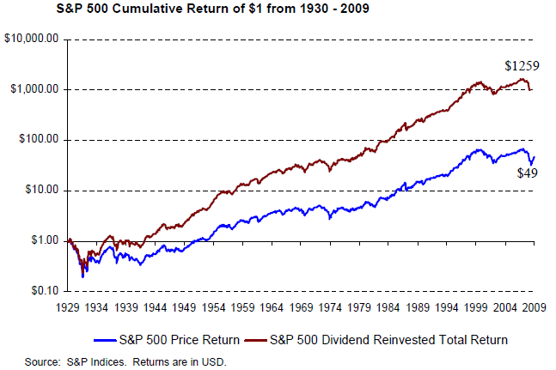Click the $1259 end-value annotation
click(522, 64)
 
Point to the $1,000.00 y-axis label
click(33, 89)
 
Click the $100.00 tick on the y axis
click(36, 140)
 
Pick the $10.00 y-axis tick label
click(39, 191)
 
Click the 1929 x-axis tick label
click(68, 306)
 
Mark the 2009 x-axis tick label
click(535, 306)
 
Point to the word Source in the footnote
click(43, 361)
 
